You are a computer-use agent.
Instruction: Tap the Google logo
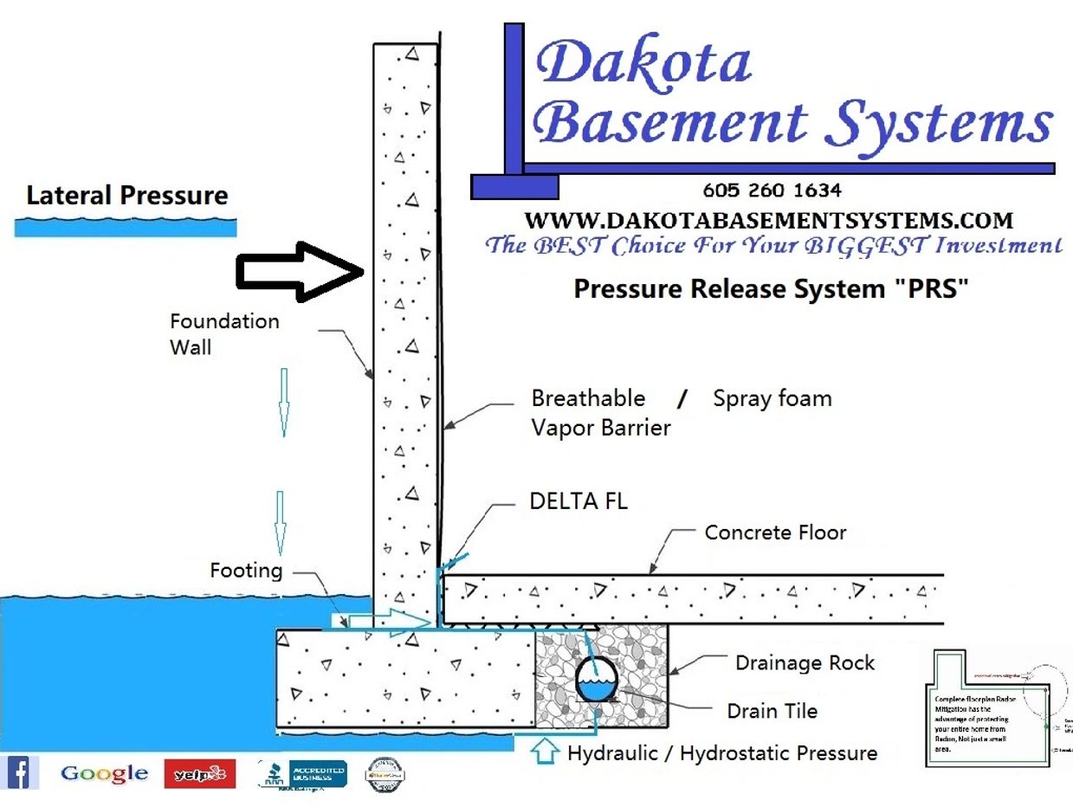coord(104,773)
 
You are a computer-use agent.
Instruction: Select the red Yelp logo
coord(200,773)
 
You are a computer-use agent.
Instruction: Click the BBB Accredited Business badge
coord(303,773)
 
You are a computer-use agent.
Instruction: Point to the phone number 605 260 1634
coord(772,190)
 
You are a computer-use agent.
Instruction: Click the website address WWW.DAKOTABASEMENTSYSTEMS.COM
coord(768,219)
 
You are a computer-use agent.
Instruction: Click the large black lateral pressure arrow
coord(300,273)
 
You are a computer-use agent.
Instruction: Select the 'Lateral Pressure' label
coord(127,196)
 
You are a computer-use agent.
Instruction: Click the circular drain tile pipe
coord(597,679)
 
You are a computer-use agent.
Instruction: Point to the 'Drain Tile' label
coord(772,711)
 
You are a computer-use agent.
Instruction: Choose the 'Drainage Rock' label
coord(805,663)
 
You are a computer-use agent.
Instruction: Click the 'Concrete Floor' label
coord(775,532)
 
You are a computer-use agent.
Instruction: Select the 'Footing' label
coord(246,571)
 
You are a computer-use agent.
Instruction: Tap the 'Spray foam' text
coord(772,398)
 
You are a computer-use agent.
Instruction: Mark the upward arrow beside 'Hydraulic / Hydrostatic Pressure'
coord(545,751)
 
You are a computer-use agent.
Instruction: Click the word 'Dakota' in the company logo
coord(643,63)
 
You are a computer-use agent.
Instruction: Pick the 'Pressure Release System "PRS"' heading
coord(770,288)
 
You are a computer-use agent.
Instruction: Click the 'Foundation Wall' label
coord(223,333)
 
